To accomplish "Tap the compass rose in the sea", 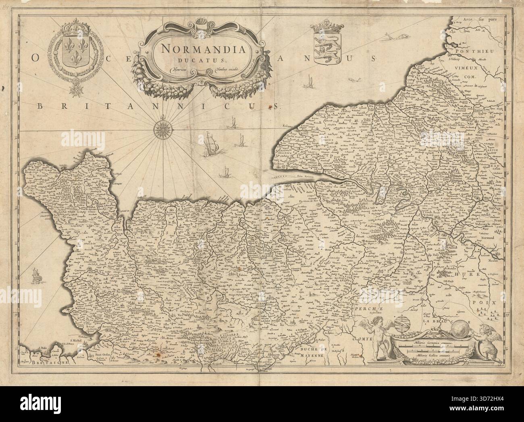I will point(162,128).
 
